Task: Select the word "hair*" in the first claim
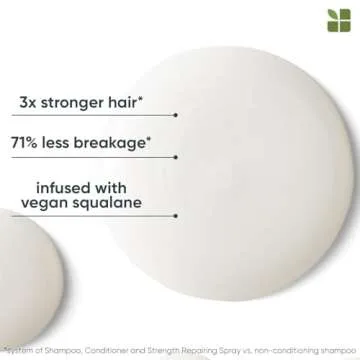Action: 141,103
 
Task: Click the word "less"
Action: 80,144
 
